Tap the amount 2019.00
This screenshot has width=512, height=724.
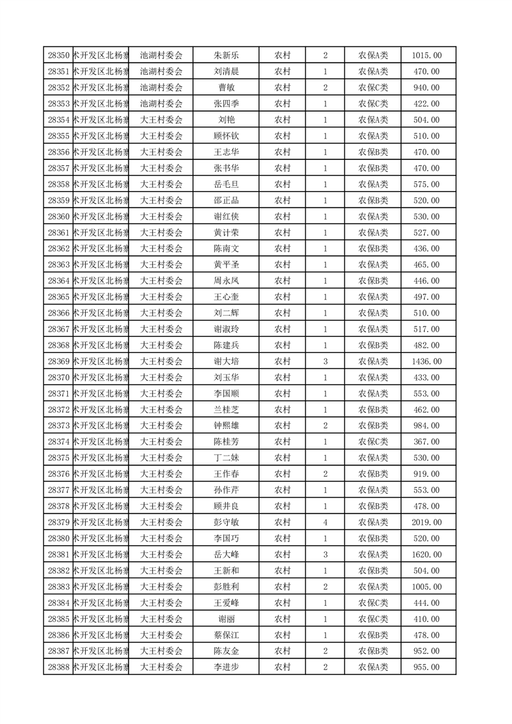[x=426, y=522]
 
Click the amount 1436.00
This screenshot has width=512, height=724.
[x=426, y=361]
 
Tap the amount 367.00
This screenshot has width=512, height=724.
[x=426, y=442]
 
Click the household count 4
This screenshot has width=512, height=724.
[x=325, y=522]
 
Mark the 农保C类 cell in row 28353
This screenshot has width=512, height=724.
[x=373, y=104]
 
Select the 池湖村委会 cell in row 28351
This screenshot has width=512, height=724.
[x=161, y=72]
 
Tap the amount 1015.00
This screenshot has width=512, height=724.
[x=426, y=55]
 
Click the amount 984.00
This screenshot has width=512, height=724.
[x=426, y=426]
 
